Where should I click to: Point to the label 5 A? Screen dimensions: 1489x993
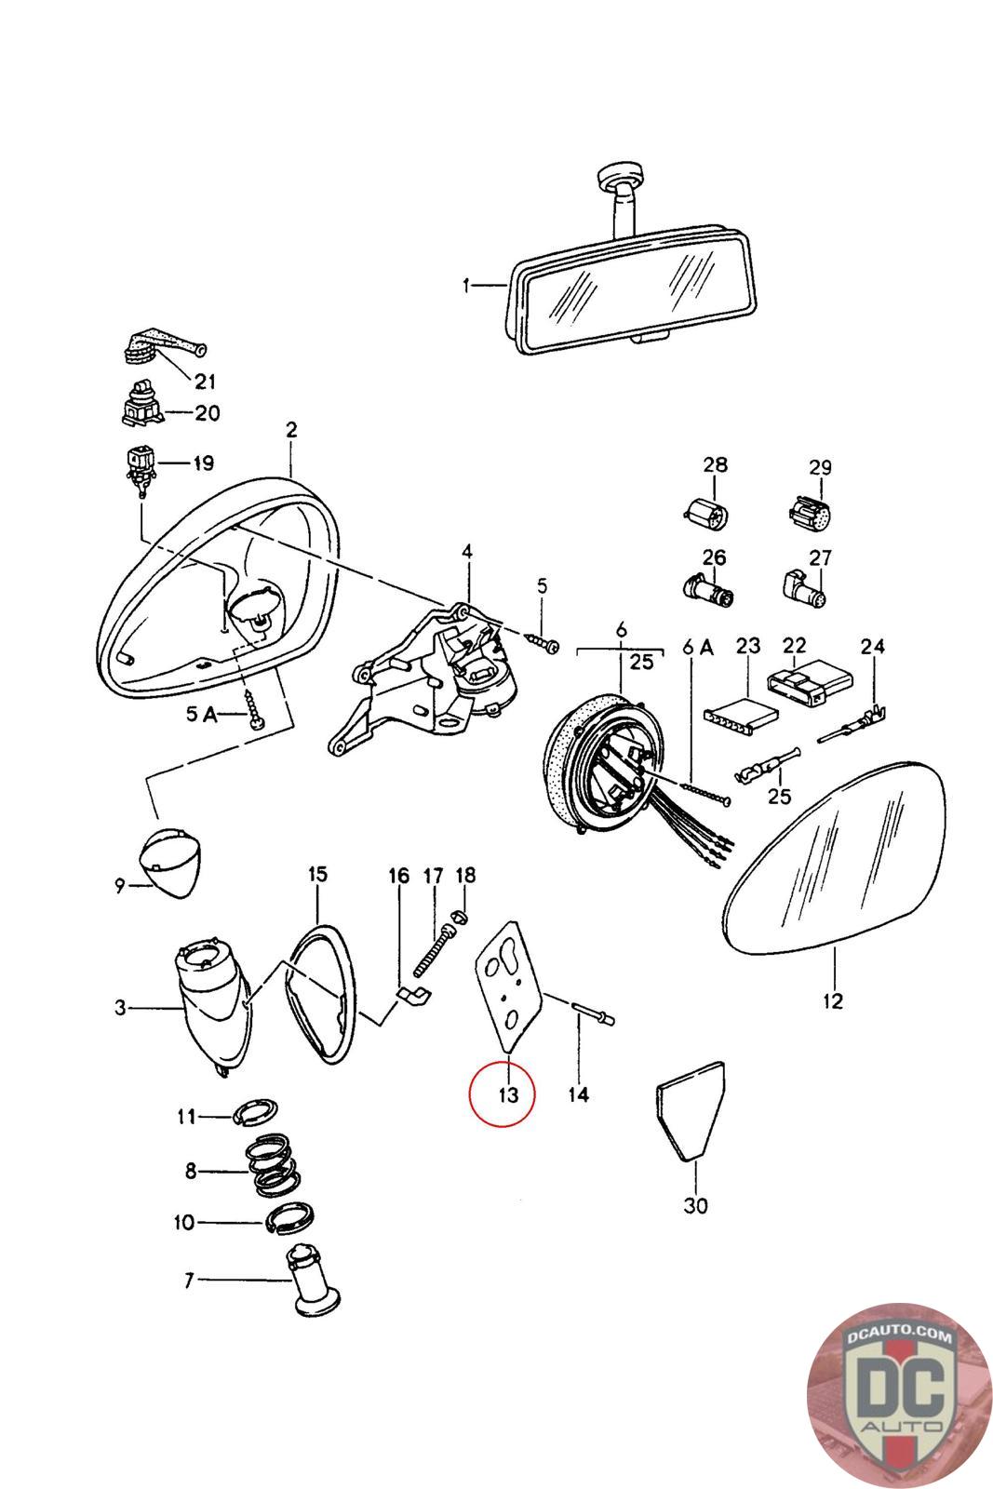[201, 714]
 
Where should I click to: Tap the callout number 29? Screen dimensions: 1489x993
[819, 467]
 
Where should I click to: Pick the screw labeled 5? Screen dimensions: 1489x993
[542, 642]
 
